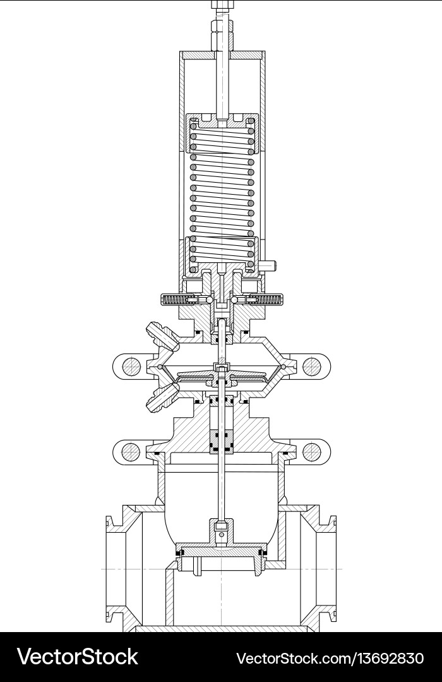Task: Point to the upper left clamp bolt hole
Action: click(x=131, y=366)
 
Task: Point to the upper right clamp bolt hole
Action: click(x=311, y=366)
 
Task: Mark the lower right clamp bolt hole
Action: click(x=311, y=451)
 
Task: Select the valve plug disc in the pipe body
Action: click(x=221, y=555)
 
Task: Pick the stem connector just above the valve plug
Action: click(x=221, y=530)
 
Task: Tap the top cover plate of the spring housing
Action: click(x=221, y=56)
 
